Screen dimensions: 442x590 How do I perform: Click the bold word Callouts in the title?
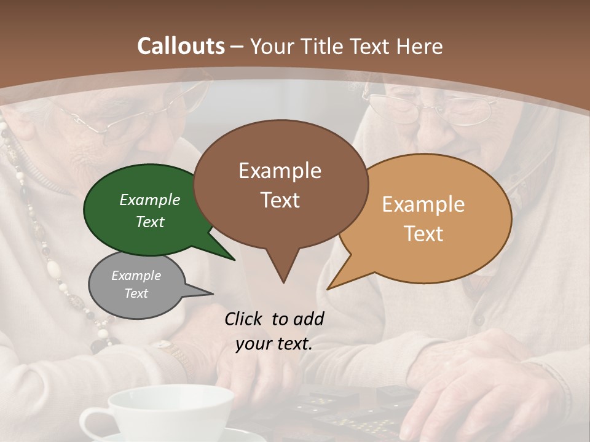181,46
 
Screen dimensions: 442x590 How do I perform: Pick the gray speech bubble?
132,285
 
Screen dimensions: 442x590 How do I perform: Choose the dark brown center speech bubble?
280,184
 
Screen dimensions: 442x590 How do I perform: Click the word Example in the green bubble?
150,200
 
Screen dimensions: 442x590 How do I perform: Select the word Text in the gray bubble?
136,293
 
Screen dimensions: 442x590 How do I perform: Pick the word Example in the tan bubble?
423,204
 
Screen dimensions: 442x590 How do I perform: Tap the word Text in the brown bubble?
280,200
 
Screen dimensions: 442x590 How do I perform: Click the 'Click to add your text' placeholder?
274,331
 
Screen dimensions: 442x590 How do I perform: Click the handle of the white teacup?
92,423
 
